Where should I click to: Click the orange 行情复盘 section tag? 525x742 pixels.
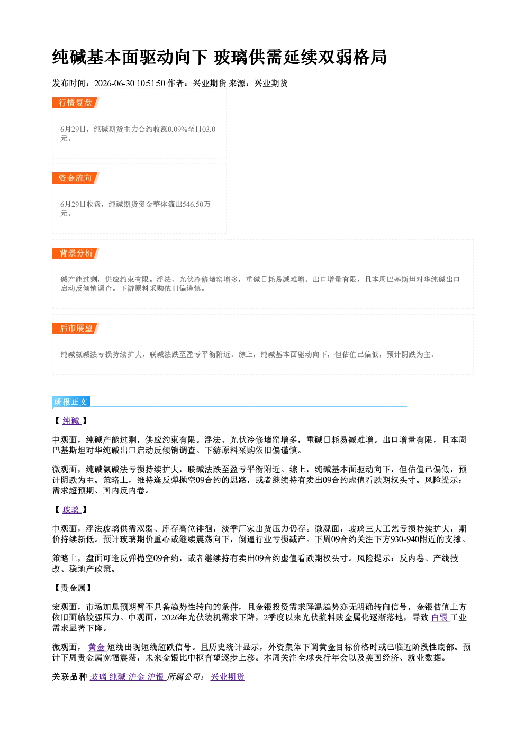pyautogui.click(x=76, y=103)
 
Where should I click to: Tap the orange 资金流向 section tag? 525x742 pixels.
pyautogui.click(x=76, y=178)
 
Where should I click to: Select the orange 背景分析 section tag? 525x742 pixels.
pyautogui.click(x=76, y=253)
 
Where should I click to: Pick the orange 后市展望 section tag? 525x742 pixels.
pyautogui.click(x=76, y=328)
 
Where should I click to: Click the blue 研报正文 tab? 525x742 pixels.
pyautogui.click(x=71, y=402)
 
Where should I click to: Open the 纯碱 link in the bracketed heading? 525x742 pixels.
pyautogui.click(x=71, y=420)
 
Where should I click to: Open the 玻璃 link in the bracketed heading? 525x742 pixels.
pyautogui.click(x=71, y=509)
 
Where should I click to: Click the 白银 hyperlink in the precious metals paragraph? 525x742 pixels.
pyautogui.click(x=440, y=617)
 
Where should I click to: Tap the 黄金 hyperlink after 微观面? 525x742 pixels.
pyautogui.click(x=97, y=647)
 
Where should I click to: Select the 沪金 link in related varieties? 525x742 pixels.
pyautogui.click(x=137, y=676)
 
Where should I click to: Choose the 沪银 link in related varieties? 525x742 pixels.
pyautogui.click(x=156, y=676)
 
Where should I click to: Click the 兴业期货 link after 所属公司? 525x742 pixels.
pyautogui.click(x=228, y=676)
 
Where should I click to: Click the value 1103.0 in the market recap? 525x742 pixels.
pyautogui.click(x=205, y=129)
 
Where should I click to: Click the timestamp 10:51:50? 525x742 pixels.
pyautogui.click(x=151, y=83)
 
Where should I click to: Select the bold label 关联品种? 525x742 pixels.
pyautogui.click(x=70, y=677)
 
